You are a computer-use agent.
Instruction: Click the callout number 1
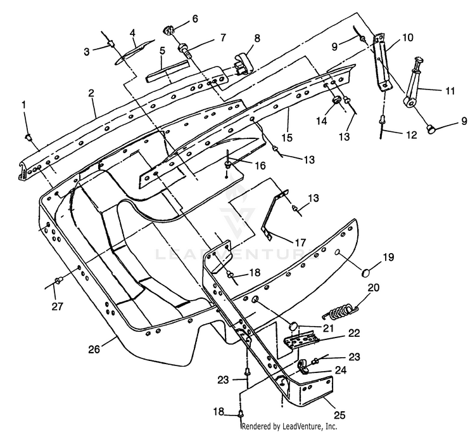24,105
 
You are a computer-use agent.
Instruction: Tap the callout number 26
94,349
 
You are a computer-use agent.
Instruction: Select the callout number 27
57,306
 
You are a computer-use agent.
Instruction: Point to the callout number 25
339,414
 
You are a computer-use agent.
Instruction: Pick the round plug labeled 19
367,272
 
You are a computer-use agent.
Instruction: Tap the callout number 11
450,91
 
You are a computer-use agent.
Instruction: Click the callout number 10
407,37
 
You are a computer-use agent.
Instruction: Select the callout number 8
257,38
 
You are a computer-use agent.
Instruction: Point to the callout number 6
195,19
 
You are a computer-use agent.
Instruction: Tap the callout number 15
286,137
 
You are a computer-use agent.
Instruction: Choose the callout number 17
300,243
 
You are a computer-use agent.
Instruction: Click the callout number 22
353,333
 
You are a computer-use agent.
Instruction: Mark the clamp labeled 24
303,366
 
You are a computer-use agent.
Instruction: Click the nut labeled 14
336,100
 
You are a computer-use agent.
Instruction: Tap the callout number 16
260,166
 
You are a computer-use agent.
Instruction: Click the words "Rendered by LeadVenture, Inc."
289,426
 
